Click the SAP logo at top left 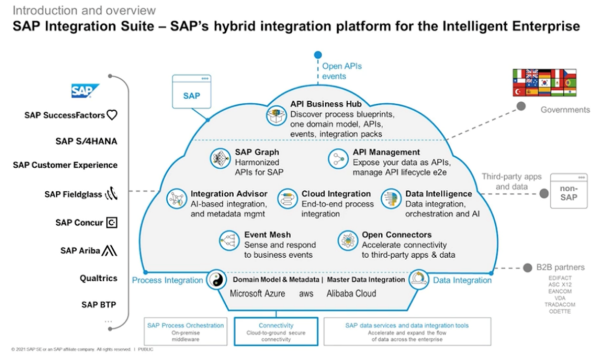click(85, 91)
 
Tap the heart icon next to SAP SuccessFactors click(112, 115)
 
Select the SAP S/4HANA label click(86, 142)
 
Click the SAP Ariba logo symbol click(109, 251)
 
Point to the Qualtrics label click(98, 278)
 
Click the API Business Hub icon click(276, 116)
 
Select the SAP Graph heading click(257, 152)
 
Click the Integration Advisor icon click(176, 199)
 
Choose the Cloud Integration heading click(336, 194)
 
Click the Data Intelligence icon click(391, 199)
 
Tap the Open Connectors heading click(396, 235)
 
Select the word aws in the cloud click(306, 294)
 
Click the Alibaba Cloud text click(351, 294)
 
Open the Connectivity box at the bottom click(276, 331)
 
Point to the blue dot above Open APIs click(318, 55)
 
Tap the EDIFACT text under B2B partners click(560, 278)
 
